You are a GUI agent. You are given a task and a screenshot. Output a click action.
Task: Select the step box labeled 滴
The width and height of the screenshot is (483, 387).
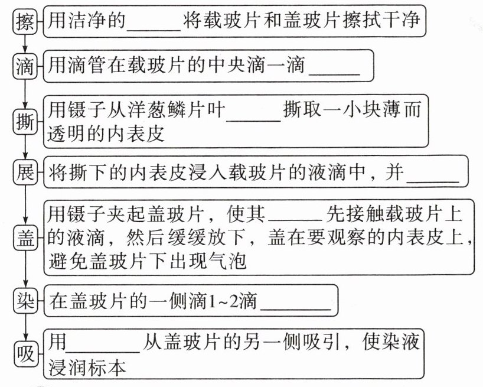coord(24,65)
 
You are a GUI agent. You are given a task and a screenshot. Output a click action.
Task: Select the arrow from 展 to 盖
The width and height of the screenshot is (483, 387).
coord(24,204)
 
